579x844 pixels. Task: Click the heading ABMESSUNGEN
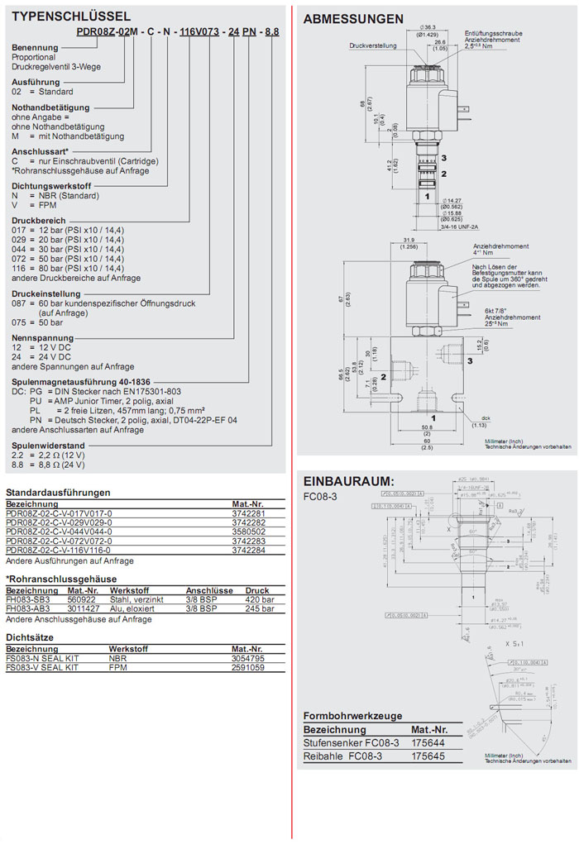pyautogui.click(x=353, y=19)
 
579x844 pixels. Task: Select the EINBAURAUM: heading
pyautogui.click(x=348, y=481)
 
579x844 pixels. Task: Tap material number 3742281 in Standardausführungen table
pyautogui.click(x=248, y=513)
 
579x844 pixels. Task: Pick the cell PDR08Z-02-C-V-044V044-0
pyautogui.click(x=59, y=532)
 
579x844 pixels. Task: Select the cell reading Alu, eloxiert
pyautogui.click(x=133, y=608)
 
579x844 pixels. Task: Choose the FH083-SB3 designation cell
pyautogui.click(x=29, y=599)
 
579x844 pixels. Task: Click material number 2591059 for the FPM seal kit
pyautogui.click(x=248, y=667)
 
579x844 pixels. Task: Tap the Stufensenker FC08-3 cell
pyautogui.click(x=352, y=743)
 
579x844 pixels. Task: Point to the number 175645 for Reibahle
pyautogui.click(x=428, y=756)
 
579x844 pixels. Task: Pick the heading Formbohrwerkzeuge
pyautogui.click(x=353, y=715)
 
